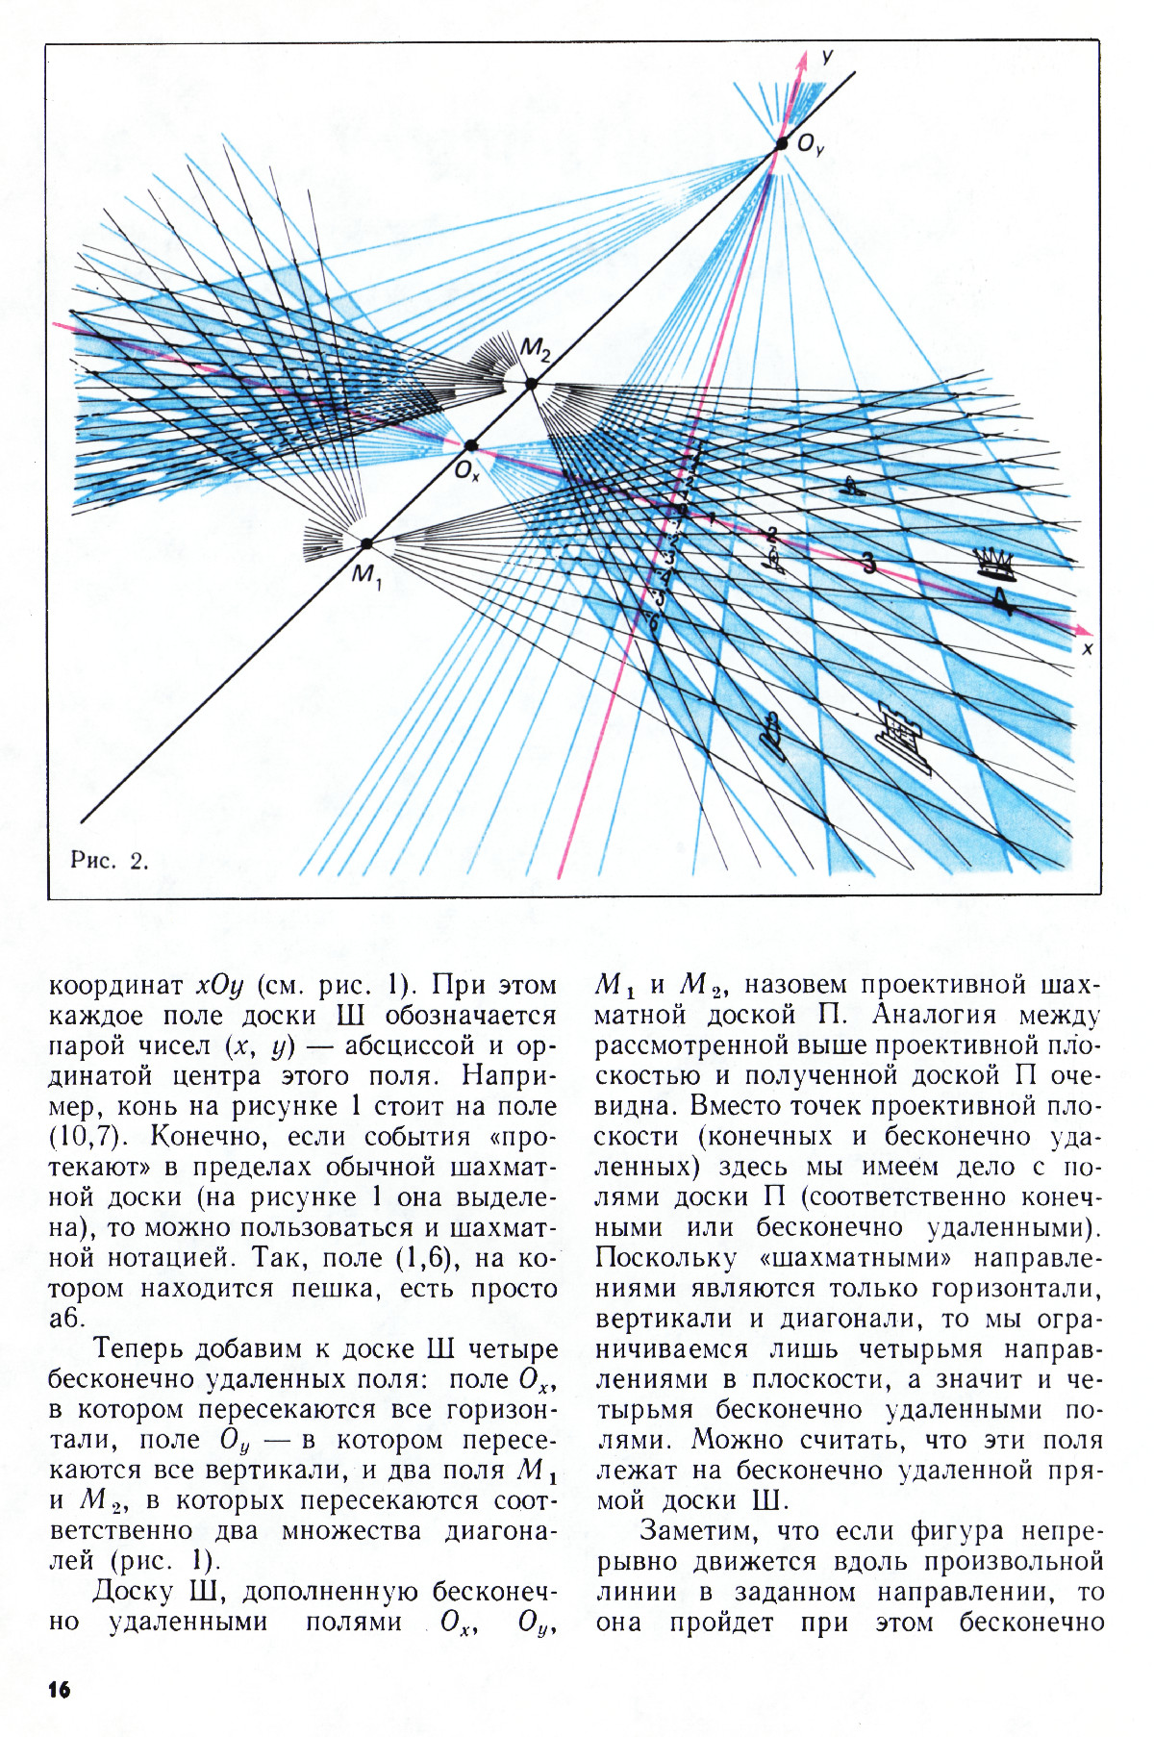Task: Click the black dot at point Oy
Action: [x=782, y=145]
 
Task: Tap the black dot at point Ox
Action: [x=471, y=445]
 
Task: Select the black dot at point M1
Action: [x=366, y=543]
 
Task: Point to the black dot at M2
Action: [x=531, y=385]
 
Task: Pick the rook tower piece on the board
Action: [x=904, y=734]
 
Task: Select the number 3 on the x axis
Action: [x=868, y=563]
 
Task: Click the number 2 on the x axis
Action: [x=770, y=535]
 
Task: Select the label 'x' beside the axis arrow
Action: [x=1088, y=649]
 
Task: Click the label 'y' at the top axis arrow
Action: [x=826, y=58]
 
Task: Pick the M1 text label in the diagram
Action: [x=367, y=576]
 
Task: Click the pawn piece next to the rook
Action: [x=771, y=730]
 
